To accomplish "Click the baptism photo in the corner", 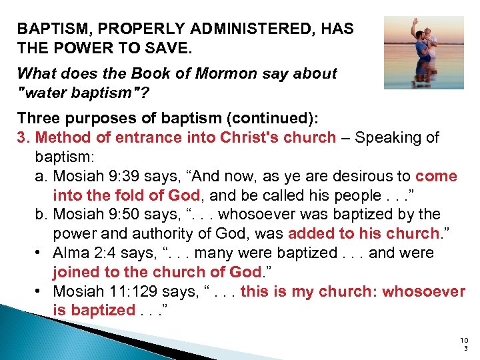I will [x=423, y=52].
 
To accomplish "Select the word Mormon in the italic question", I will [x=216, y=73].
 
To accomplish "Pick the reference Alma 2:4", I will [x=83, y=253].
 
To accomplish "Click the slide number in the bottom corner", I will [x=464, y=344].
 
